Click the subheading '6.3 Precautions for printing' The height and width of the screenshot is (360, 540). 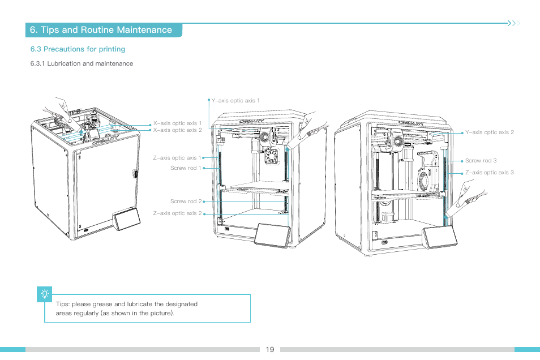pyautogui.click(x=78, y=49)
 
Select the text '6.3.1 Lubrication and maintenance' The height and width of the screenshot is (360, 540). pyautogui.click(x=82, y=63)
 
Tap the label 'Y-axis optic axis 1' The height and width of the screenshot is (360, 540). pyautogui.click(x=235, y=101)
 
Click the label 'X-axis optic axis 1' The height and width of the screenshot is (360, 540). pyautogui.click(x=178, y=123)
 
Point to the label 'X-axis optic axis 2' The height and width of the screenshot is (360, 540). pyautogui.click(x=178, y=130)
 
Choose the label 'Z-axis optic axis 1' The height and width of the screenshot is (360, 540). pyautogui.click(x=177, y=158)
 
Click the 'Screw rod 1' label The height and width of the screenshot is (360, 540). pyautogui.click(x=186, y=168)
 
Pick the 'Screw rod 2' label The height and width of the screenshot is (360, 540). pyautogui.click(x=186, y=202)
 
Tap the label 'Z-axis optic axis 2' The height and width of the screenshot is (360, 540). pyautogui.click(x=177, y=213)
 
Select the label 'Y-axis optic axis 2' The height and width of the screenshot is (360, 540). pyautogui.click(x=489, y=132)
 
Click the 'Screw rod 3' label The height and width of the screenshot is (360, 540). pyautogui.click(x=481, y=161)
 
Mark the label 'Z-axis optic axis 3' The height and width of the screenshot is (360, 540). pyautogui.click(x=489, y=173)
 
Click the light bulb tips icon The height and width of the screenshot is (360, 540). pyautogui.click(x=45, y=294)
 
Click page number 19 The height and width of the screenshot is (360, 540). pyautogui.click(x=269, y=349)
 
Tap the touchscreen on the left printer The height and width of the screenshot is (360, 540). pyautogui.click(x=127, y=220)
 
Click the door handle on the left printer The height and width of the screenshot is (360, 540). pyautogui.click(x=135, y=173)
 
